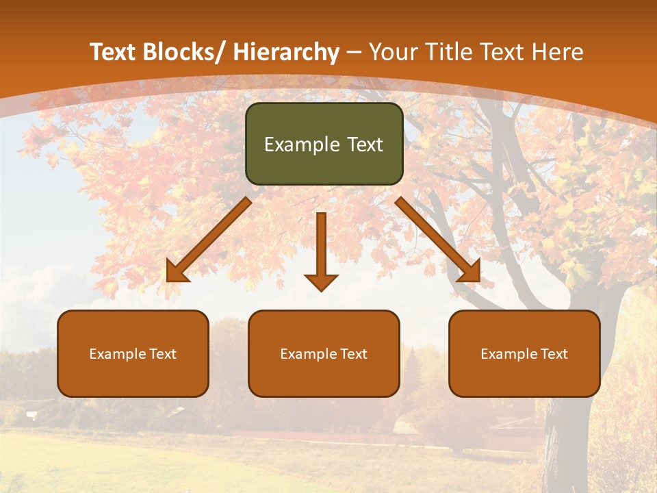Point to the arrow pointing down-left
coord(209,240)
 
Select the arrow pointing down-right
coord(438,240)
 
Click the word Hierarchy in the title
coord(286,52)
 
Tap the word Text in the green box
coord(364,145)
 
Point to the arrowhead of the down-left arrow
coord(176,272)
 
